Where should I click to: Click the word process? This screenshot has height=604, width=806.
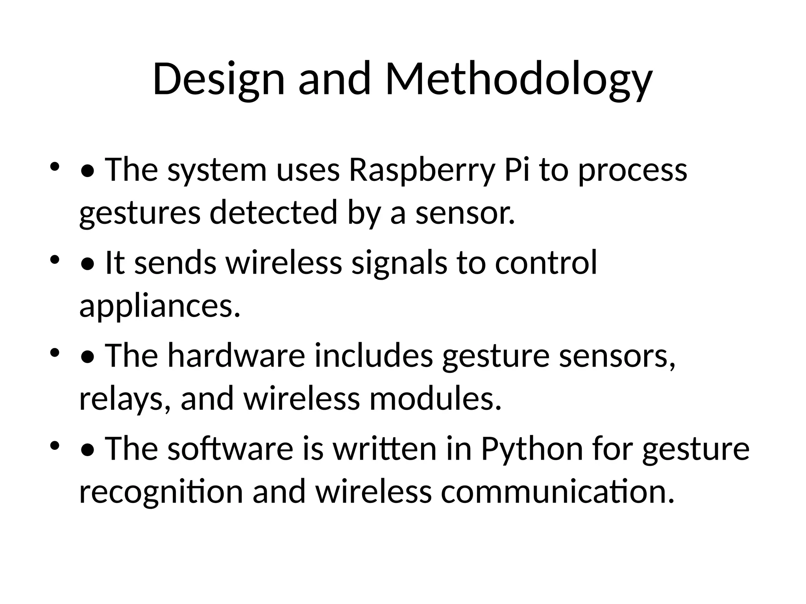pos(632,170)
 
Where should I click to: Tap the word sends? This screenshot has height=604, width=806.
pos(175,263)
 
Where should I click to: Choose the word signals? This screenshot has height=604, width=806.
pos(399,263)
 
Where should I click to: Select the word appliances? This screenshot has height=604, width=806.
pos(159,306)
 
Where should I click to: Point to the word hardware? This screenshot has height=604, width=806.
pos(236,355)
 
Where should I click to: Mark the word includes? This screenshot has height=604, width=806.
pos(374,355)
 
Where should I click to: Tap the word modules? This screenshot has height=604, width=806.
pos(435,399)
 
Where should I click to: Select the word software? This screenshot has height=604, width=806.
pos(230,449)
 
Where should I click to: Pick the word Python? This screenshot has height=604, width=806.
pos(532,449)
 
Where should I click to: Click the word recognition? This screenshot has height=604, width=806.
pos(161,492)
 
